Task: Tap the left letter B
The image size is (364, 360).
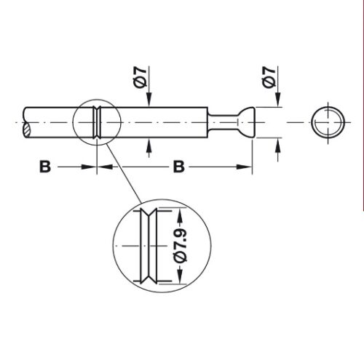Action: pos(44,167)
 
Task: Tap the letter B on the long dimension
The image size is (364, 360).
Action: pos(177,167)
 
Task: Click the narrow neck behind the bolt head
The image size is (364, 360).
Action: pos(227,121)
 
